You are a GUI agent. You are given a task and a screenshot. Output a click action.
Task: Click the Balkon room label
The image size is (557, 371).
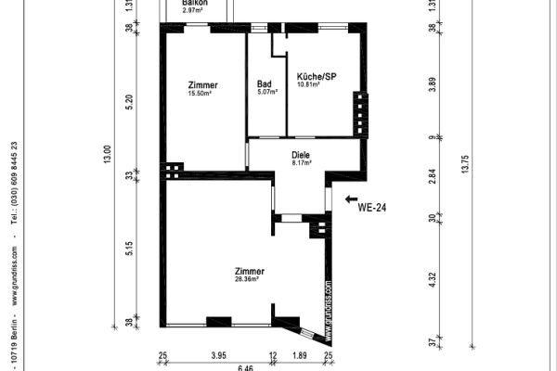point(194,3)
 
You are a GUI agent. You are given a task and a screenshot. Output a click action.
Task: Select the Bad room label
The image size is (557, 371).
point(265,83)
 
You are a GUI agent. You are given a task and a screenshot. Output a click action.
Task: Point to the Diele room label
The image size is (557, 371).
point(300,155)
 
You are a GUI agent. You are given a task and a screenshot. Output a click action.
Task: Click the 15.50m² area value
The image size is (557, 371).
point(201,93)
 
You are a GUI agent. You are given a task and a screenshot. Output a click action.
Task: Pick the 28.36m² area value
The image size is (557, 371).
point(246,278)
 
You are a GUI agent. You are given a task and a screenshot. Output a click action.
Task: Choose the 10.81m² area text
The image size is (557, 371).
point(308,84)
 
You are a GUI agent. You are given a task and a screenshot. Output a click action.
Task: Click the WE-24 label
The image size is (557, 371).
point(372,209)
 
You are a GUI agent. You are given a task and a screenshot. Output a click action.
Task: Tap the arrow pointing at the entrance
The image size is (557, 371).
point(350,198)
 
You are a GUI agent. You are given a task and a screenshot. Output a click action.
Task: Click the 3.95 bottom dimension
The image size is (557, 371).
point(218,356)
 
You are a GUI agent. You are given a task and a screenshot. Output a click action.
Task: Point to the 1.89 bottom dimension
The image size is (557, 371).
point(300,356)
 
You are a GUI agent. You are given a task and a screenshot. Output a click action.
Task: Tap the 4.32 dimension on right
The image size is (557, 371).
point(433,281)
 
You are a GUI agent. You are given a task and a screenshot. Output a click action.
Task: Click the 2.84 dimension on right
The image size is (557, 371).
point(433,176)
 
